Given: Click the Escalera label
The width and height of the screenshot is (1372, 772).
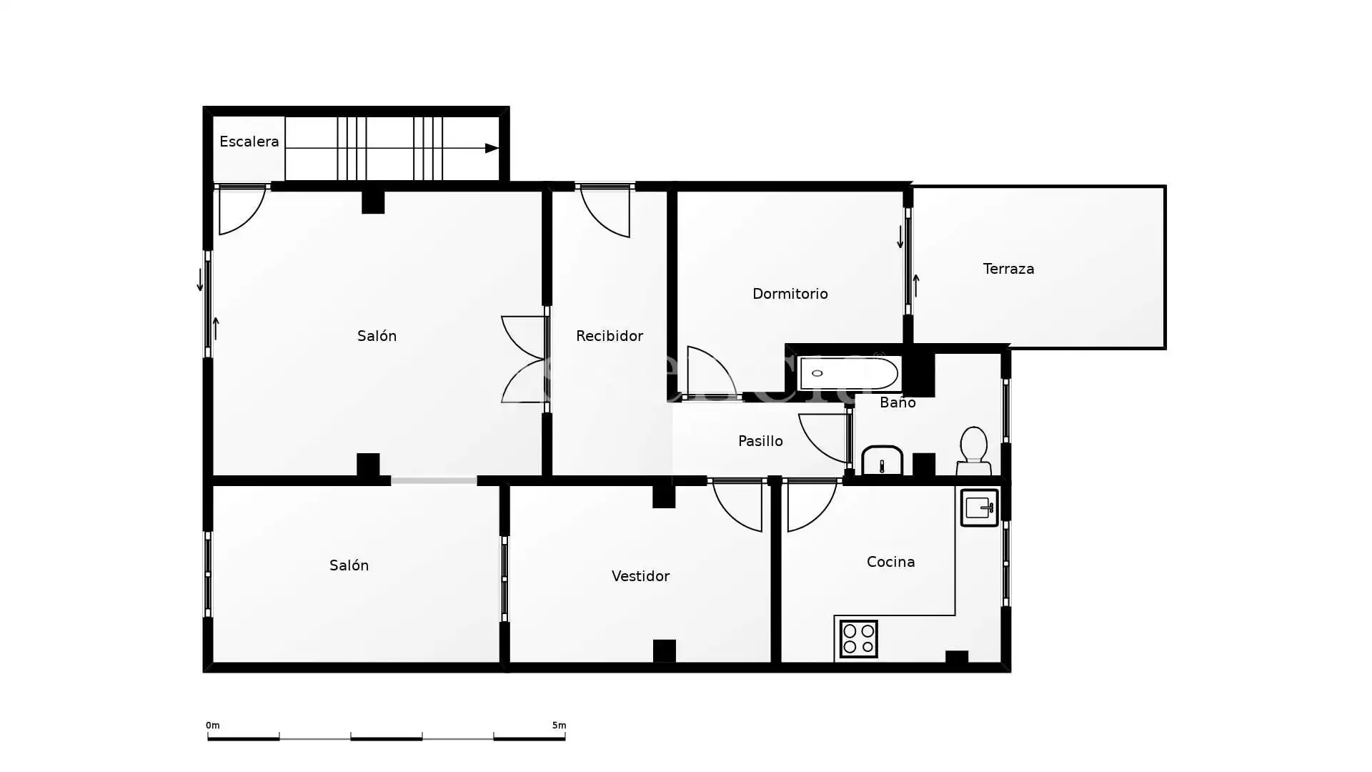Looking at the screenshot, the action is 249,142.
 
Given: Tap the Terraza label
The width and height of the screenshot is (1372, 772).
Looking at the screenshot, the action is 1008,269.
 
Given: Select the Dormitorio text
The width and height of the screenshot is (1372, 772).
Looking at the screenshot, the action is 790,294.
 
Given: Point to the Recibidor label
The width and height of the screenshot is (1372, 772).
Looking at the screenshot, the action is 609,336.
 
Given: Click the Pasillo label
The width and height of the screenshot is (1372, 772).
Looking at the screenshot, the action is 760,441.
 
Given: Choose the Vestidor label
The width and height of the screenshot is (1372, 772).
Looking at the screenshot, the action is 640,576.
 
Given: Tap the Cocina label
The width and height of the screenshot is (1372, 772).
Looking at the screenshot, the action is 890,562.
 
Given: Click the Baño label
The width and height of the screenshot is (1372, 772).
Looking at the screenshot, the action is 898,402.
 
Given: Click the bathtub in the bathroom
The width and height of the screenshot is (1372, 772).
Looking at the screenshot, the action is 848,374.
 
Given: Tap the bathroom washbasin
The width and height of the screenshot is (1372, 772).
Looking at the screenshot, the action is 882,461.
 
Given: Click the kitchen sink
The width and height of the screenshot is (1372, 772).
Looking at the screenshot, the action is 979,508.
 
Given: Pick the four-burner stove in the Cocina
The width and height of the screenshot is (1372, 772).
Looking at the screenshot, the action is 858,639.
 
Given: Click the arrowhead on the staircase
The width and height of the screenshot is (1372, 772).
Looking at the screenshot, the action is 492,148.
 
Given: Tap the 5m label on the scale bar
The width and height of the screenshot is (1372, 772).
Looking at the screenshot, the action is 559,726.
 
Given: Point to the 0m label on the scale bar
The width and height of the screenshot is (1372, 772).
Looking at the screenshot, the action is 212,726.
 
